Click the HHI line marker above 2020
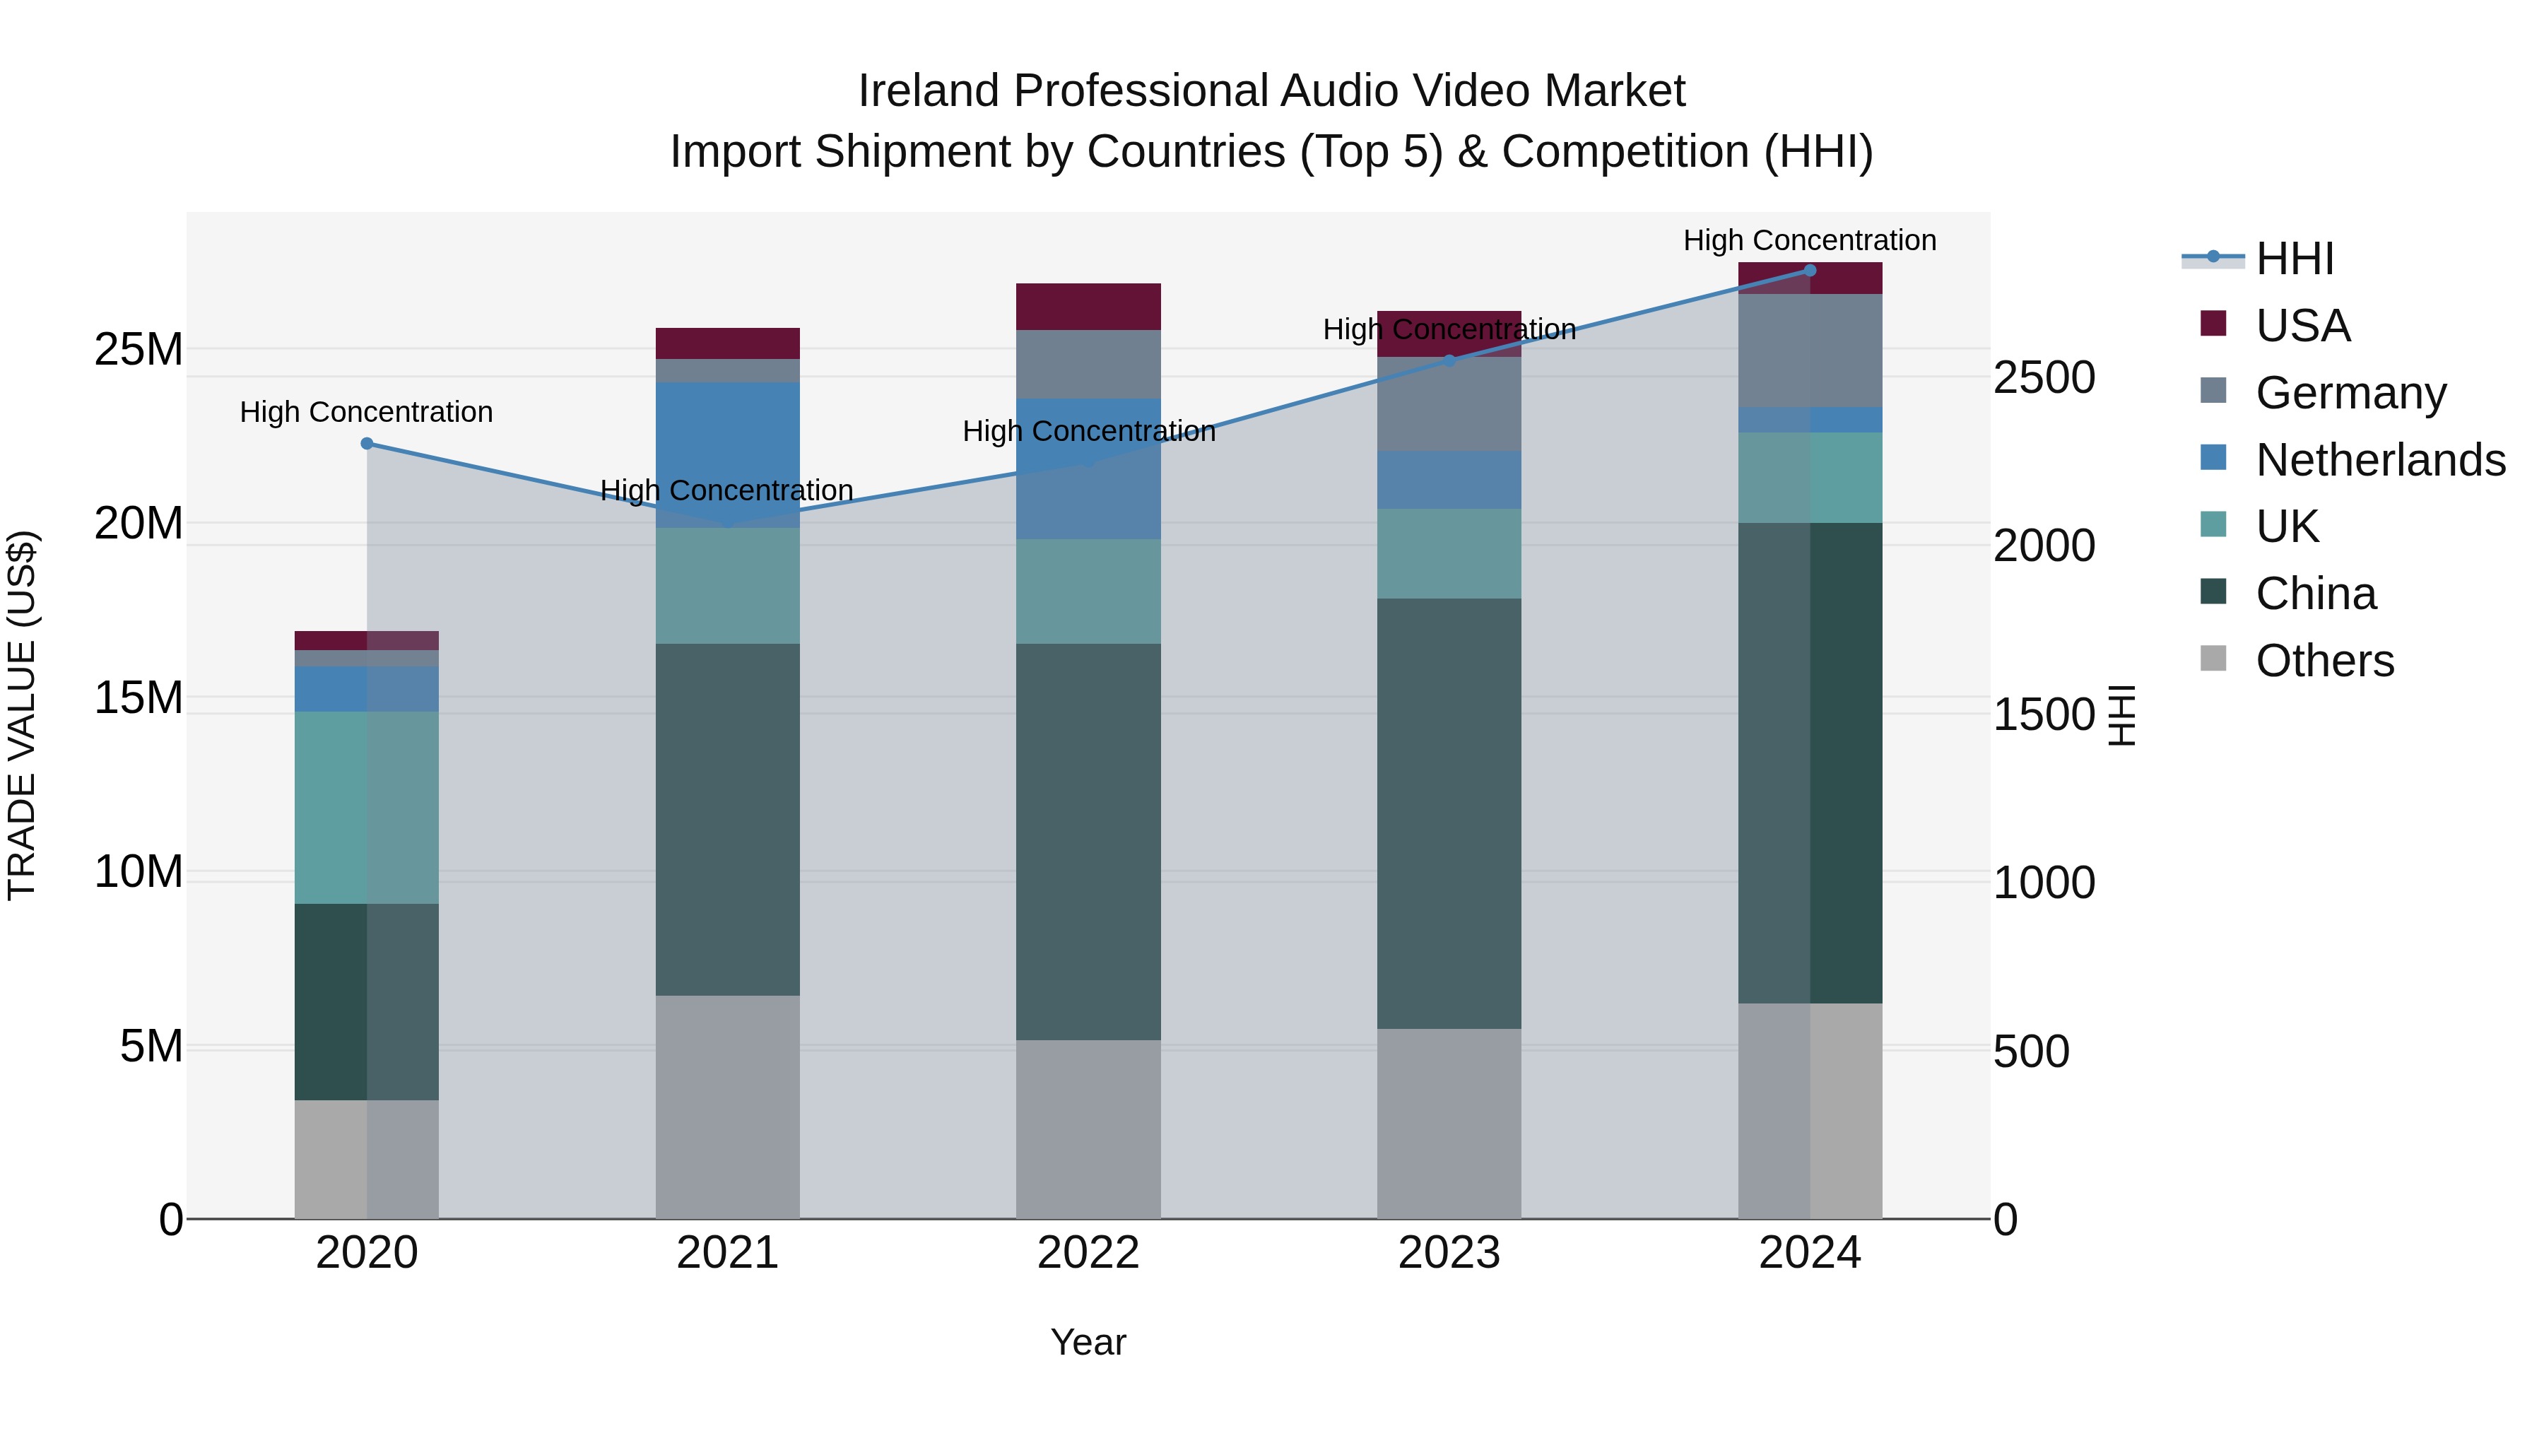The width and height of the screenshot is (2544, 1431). point(366,443)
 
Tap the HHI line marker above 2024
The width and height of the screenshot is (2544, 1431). point(1809,270)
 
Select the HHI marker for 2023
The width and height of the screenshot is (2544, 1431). point(1449,360)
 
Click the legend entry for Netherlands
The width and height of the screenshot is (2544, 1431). point(2380,460)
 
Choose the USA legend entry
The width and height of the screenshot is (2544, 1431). point(2302,326)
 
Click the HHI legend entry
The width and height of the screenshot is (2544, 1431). point(2294,259)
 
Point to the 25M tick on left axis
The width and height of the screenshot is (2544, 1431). point(139,350)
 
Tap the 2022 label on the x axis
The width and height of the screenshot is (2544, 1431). point(1088,1253)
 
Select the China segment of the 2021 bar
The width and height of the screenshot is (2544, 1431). point(727,820)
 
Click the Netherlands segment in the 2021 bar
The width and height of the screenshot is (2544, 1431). point(727,454)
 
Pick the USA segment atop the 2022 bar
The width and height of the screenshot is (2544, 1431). point(1088,306)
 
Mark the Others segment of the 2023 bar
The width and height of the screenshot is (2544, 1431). point(1449,1124)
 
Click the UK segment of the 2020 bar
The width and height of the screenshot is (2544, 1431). point(366,808)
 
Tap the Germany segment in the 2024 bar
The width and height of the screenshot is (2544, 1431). point(1809,351)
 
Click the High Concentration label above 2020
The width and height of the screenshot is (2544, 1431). point(366,412)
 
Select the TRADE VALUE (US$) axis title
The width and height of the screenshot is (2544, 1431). point(22,715)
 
